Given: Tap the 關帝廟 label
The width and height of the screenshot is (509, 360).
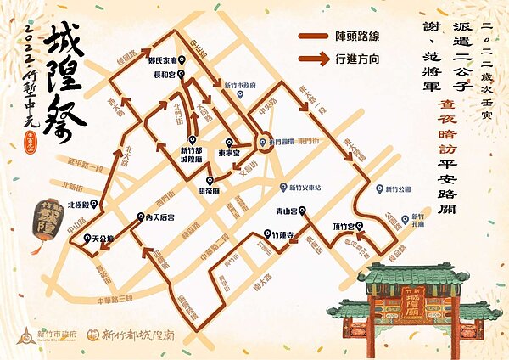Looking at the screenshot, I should [x=210, y=190].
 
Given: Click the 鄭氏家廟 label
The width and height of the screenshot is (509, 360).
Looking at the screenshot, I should [x=162, y=62].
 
